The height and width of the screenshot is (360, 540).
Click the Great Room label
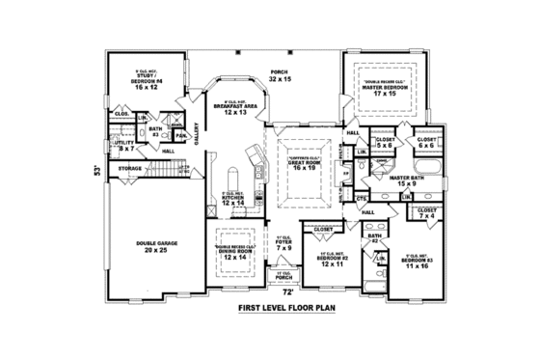pos(305,164)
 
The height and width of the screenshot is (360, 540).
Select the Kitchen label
pos(233,201)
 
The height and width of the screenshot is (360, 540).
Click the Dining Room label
pos(233,254)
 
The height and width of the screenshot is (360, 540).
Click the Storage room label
pos(129,169)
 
